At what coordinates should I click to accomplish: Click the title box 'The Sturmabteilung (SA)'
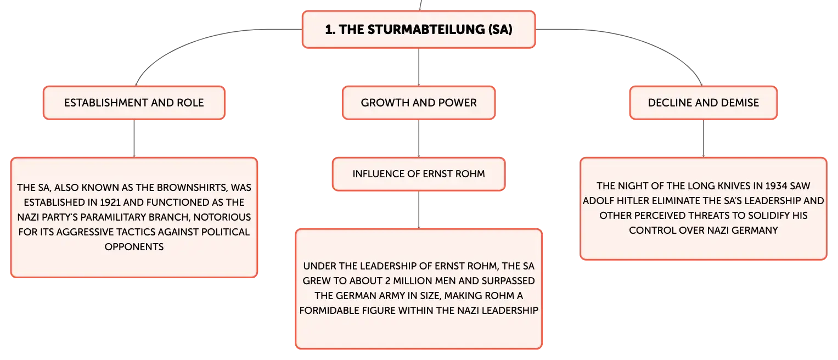[419, 30]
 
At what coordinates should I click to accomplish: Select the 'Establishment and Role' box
[134, 103]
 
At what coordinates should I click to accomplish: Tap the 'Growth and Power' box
[419, 103]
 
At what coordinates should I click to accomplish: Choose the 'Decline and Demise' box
[704, 103]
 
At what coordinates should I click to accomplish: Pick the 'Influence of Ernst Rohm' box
[419, 174]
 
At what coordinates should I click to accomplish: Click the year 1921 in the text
[110, 203]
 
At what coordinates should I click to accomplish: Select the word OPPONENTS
[134, 247]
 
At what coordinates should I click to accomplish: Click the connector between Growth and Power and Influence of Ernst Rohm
[419, 138]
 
